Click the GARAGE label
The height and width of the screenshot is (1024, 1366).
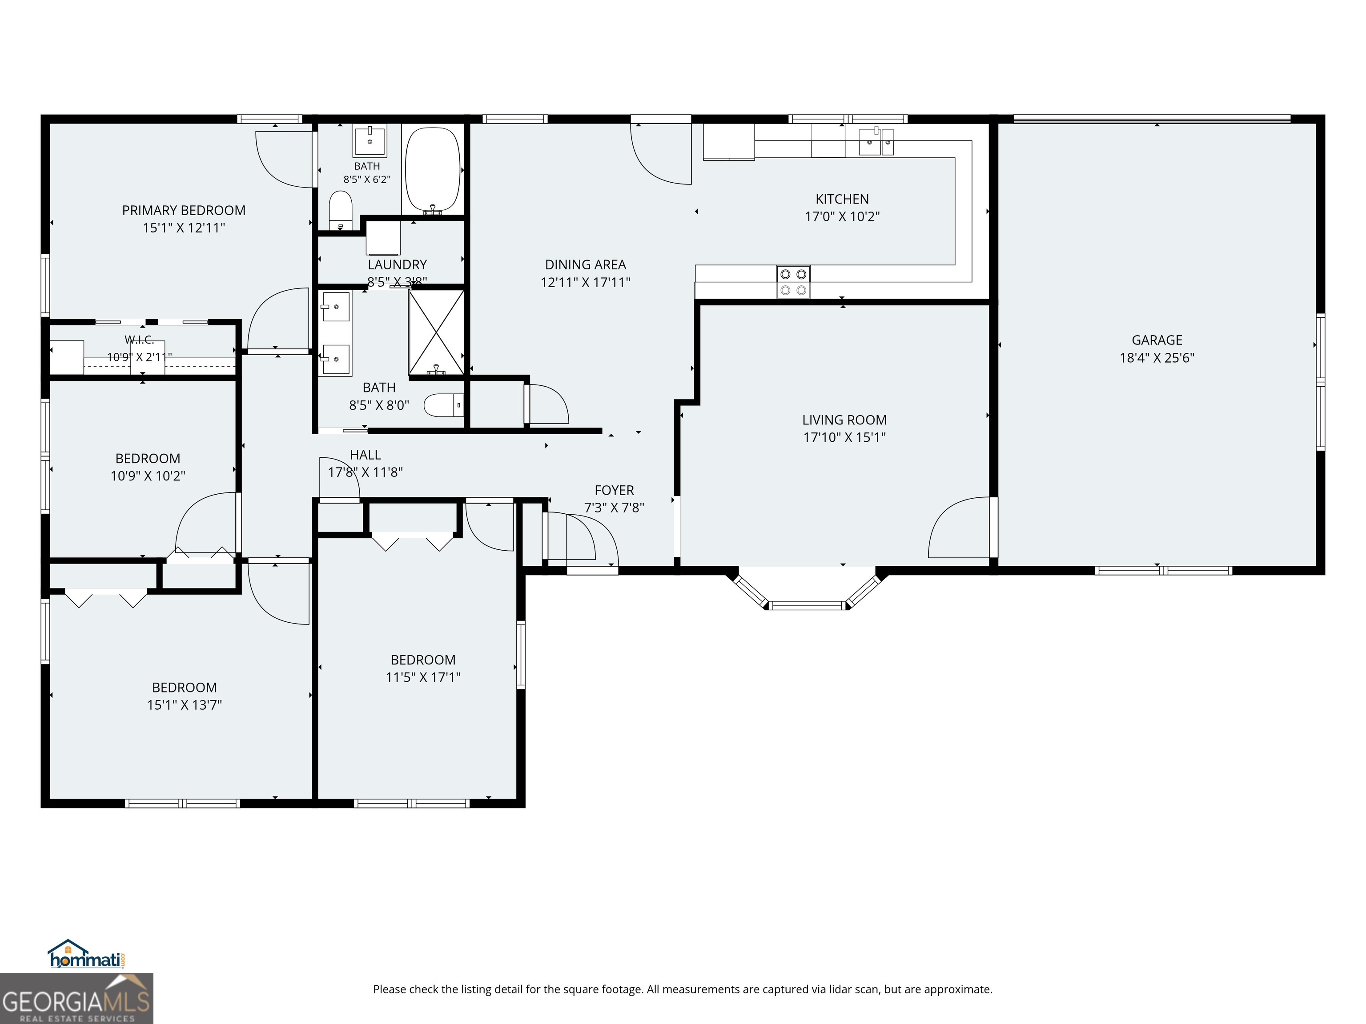click(x=1157, y=340)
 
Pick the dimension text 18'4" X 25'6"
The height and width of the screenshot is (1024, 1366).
click(x=1157, y=357)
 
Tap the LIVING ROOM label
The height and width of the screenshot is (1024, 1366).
click(x=844, y=420)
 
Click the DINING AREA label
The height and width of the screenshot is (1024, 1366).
click(x=586, y=265)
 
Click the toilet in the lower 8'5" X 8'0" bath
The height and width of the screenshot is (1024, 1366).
click(x=445, y=405)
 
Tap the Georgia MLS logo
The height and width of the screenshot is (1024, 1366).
click(x=76, y=998)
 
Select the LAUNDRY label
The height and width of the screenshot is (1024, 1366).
click(x=397, y=265)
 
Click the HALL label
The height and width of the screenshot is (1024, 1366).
click(x=365, y=455)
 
